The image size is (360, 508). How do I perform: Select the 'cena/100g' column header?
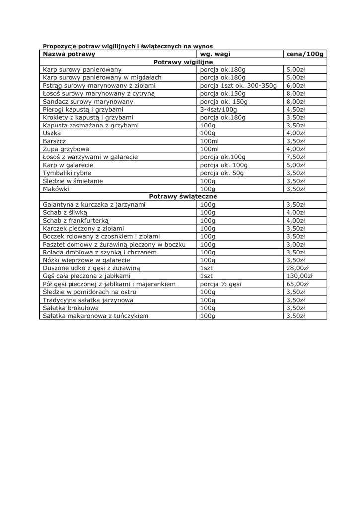pyautogui.click(x=305, y=54)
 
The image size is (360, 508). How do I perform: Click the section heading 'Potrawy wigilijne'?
pyautogui.click(x=183, y=62)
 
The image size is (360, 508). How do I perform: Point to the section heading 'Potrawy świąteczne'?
pyautogui.click(x=183, y=196)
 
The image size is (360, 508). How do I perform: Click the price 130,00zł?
pyautogui.click(x=299, y=276)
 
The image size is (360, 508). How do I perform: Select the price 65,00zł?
pyautogui.click(x=297, y=284)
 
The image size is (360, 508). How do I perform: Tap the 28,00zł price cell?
pyautogui.click(x=297, y=268)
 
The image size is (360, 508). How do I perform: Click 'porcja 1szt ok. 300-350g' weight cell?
pyautogui.click(x=238, y=85)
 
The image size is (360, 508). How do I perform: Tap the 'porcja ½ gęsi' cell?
pyautogui.click(x=220, y=284)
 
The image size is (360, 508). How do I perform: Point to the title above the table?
pyautogui.click(x=128, y=46)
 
